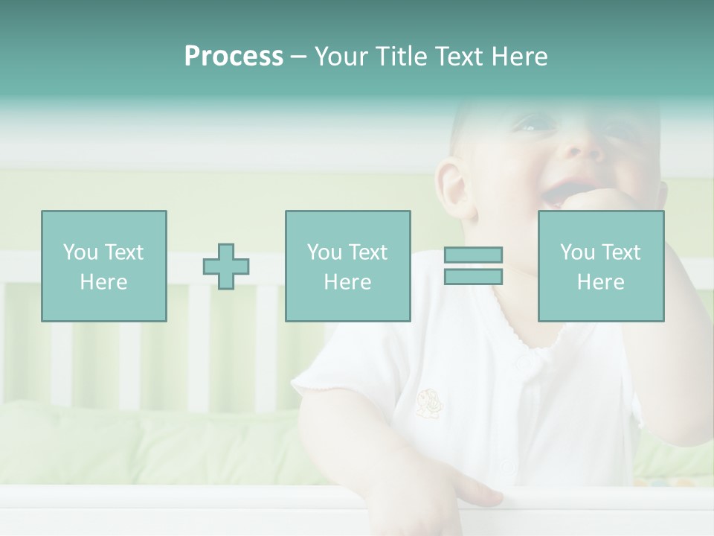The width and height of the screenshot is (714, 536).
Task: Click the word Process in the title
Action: tap(234, 57)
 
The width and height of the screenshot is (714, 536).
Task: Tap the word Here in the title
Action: tap(518, 57)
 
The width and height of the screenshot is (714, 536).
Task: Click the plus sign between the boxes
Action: tap(226, 267)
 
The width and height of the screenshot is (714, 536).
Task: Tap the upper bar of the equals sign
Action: tap(473, 255)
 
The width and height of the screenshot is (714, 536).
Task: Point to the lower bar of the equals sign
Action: tap(473, 277)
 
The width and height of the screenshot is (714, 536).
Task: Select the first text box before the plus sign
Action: tap(103, 266)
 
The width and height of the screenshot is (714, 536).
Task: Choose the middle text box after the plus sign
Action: tap(347, 266)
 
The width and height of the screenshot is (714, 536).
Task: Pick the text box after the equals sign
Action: tap(600, 266)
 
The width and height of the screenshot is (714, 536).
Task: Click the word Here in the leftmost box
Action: tap(103, 282)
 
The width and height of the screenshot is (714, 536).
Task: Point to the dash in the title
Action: tap(299, 57)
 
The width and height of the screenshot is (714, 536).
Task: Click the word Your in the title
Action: tap(343, 57)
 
